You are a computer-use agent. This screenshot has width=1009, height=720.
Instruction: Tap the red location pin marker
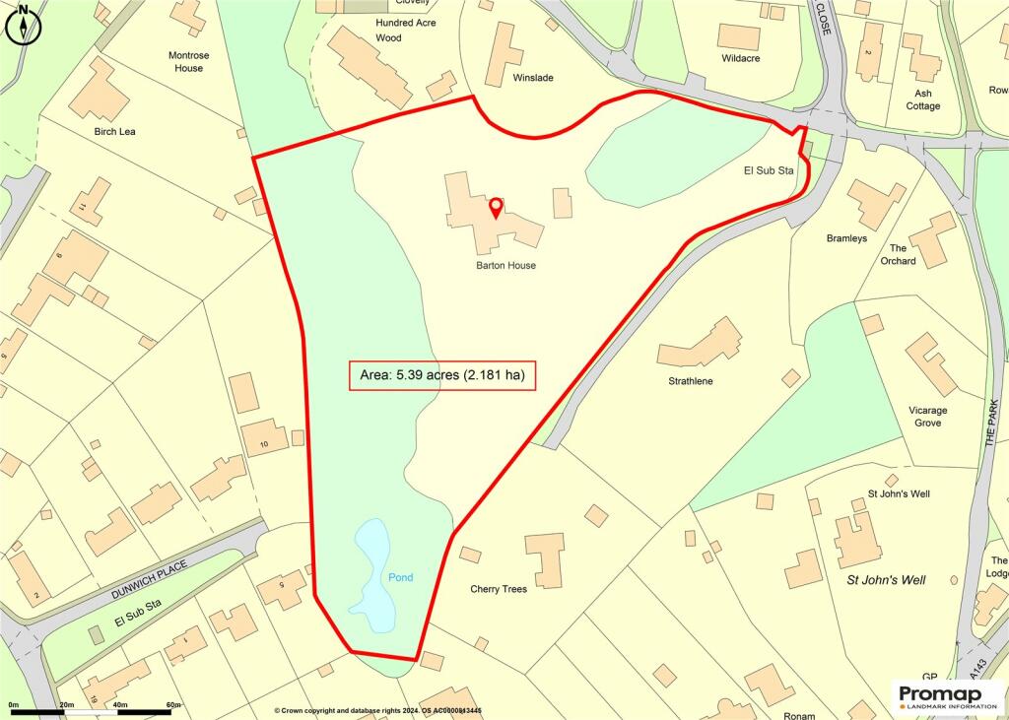pos(496,208)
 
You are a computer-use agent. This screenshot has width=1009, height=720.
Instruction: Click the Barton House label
pos(505,266)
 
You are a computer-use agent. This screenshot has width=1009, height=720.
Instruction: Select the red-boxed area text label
pos(442,375)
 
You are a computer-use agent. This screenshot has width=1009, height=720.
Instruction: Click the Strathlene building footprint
pos(701,345)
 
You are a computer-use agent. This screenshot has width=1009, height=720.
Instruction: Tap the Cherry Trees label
pos(498,589)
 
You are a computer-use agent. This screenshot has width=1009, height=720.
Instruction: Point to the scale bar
pos(94,711)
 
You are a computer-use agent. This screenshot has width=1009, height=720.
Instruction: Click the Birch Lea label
pos(114,132)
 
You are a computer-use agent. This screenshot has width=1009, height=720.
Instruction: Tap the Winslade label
pos(534,78)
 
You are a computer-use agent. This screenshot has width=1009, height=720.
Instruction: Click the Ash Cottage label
pos(923,99)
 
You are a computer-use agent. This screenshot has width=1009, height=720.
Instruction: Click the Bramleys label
pos(847,238)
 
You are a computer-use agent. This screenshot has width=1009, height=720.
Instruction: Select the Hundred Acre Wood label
pos(405,30)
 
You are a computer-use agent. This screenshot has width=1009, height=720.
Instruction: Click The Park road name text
pos(991,427)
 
